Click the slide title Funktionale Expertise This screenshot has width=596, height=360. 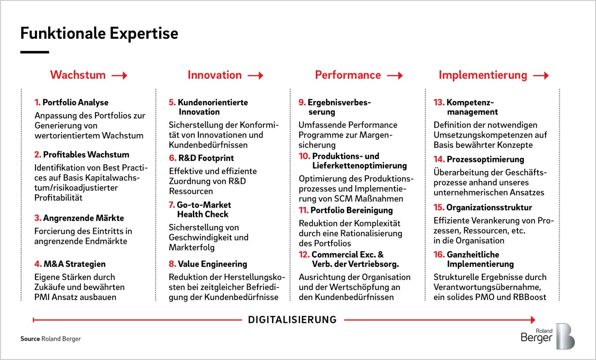click(x=99, y=34)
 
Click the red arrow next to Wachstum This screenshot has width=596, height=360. click(x=120, y=76)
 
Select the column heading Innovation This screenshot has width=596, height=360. click(x=215, y=75)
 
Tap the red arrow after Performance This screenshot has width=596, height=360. click(x=395, y=76)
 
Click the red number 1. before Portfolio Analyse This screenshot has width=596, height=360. click(x=38, y=102)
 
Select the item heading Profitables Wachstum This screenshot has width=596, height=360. click(x=86, y=155)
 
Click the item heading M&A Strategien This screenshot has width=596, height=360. click(x=75, y=264)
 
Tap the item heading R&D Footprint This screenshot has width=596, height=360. click(x=206, y=158)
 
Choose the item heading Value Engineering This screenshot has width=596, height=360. click(x=213, y=264)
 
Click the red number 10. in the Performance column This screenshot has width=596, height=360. click(x=304, y=156)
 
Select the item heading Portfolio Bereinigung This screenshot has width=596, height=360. click(x=352, y=211)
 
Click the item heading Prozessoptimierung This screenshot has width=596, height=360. click(x=485, y=160)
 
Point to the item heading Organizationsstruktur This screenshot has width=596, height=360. click(x=489, y=208)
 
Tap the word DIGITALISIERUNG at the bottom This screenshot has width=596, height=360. click(x=292, y=320)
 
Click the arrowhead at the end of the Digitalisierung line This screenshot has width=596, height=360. click(x=533, y=320)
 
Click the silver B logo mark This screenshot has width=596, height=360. click(x=565, y=336)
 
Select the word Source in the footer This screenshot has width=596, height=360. click(x=30, y=339)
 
